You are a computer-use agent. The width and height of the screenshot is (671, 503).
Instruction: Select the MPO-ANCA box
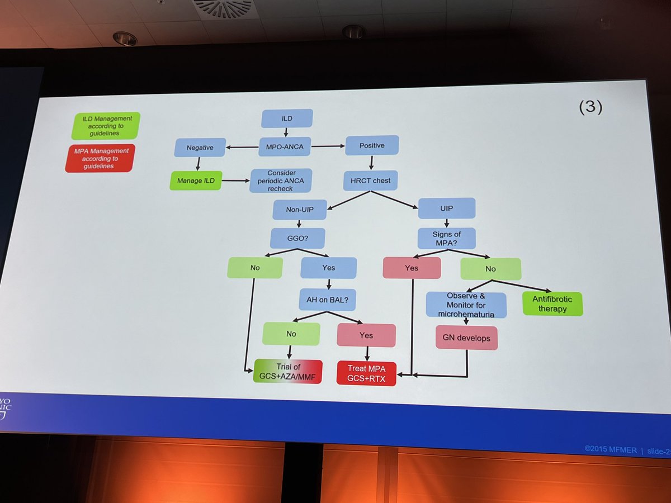click(x=285, y=148)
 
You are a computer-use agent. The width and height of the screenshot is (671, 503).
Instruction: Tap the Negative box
click(x=199, y=148)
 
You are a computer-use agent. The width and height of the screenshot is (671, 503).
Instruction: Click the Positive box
click(x=372, y=145)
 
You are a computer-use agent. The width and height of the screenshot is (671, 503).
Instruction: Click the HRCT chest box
click(x=370, y=180)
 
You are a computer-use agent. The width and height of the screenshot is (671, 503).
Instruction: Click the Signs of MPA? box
click(x=446, y=238)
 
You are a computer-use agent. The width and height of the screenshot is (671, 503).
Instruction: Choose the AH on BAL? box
click(x=328, y=299)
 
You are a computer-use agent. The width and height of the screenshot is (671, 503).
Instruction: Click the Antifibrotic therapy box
click(x=552, y=303)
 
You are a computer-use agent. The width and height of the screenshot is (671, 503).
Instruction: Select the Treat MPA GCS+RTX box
click(x=366, y=372)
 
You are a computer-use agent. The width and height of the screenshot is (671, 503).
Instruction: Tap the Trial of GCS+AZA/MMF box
click(x=288, y=371)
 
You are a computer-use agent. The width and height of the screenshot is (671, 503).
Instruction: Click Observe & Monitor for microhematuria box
click(x=466, y=305)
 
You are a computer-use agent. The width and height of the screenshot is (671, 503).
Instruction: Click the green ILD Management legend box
click(x=106, y=126)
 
